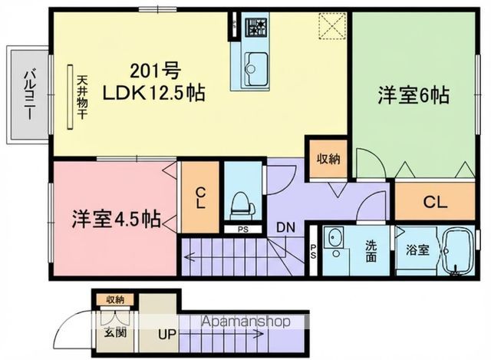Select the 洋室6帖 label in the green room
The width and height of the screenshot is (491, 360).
pyautogui.click(x=412, y=97)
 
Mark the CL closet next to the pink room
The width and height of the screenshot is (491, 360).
pyautogui.click(x=198, y=198)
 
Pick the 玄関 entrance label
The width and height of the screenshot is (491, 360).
pyautogui.click(x=116, y=333)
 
